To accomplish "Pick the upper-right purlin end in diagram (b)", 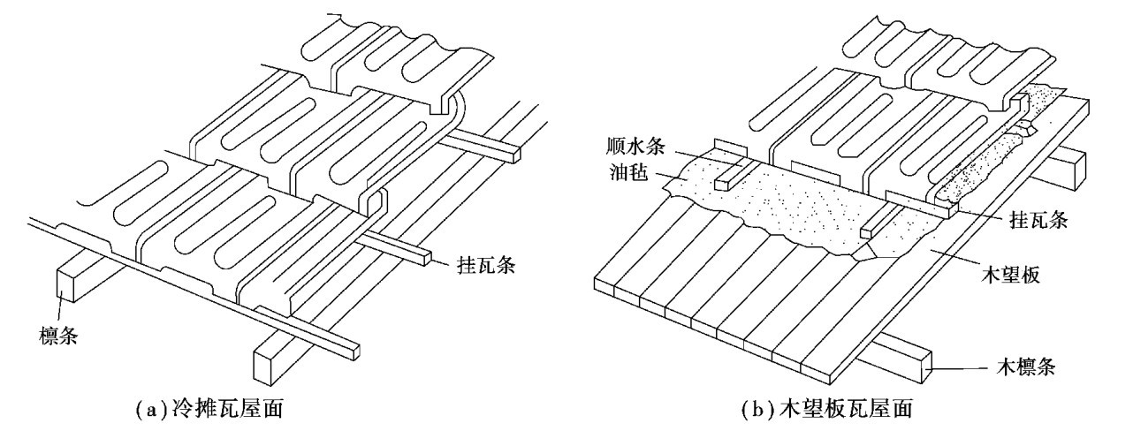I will pyautogui.click(x=1075, y=170).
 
